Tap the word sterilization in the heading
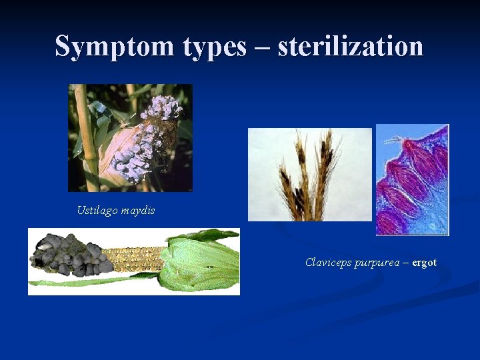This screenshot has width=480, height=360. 351,47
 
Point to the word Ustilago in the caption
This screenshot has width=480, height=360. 96,211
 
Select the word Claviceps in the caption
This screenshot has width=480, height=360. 325,263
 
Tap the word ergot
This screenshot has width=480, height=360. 424,263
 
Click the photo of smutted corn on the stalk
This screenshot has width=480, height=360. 130,138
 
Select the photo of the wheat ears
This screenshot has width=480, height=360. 309,174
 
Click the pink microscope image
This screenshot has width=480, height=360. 412,179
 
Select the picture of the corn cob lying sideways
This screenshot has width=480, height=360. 133,261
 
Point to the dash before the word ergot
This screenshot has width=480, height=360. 405,263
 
